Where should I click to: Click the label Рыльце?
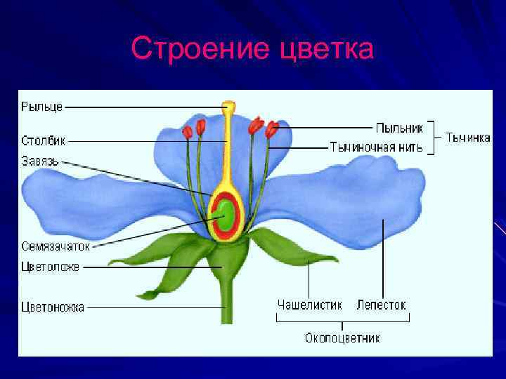point(41,107)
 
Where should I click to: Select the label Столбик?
point(43,140)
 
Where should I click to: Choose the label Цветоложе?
point(50,267)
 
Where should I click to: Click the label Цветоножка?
point(53,307)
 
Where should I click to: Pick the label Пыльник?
point(398,128)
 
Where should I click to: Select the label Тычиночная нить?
point(377,147)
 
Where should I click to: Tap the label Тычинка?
point(468,138)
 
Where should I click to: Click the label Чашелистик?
point(309,305)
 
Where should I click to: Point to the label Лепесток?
point(381,305)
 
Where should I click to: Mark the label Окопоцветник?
point(342,338)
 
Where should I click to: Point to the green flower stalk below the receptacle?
point(226,302)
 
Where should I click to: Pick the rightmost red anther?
point(272,128)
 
